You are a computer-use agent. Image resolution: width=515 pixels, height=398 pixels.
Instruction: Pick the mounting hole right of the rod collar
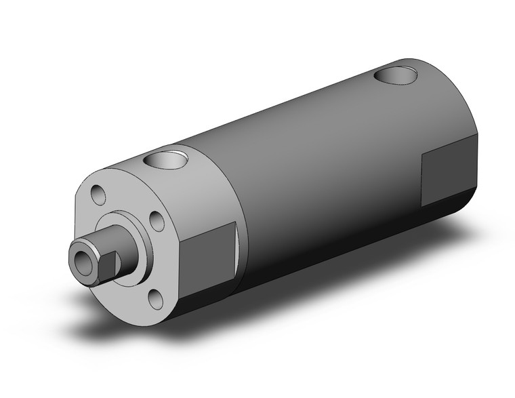coord(155,221)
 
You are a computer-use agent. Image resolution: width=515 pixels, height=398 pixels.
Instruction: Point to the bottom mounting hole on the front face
coord(155,297)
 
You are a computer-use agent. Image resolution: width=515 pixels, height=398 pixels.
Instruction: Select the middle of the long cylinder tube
coord(325,183)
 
